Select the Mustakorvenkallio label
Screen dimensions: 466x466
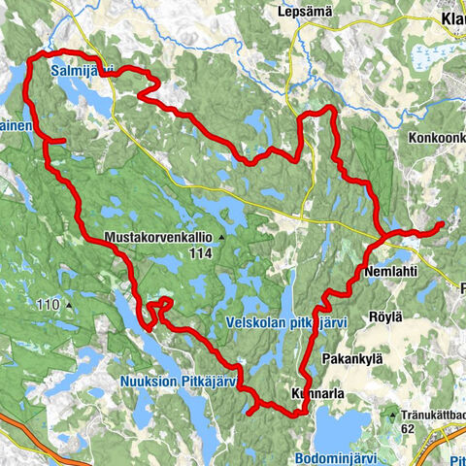click(158, 237)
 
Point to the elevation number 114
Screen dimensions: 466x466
click(201, 253)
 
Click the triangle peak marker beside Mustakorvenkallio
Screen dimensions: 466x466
click(221, 237)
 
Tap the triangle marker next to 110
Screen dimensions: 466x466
click(70, 306)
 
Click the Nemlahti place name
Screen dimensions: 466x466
click(393, 274)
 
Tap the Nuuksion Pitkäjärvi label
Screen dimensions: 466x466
click(180, 382)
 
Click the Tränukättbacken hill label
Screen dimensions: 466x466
click(436, 411)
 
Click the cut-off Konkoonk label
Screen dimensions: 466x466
click(437, 138)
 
